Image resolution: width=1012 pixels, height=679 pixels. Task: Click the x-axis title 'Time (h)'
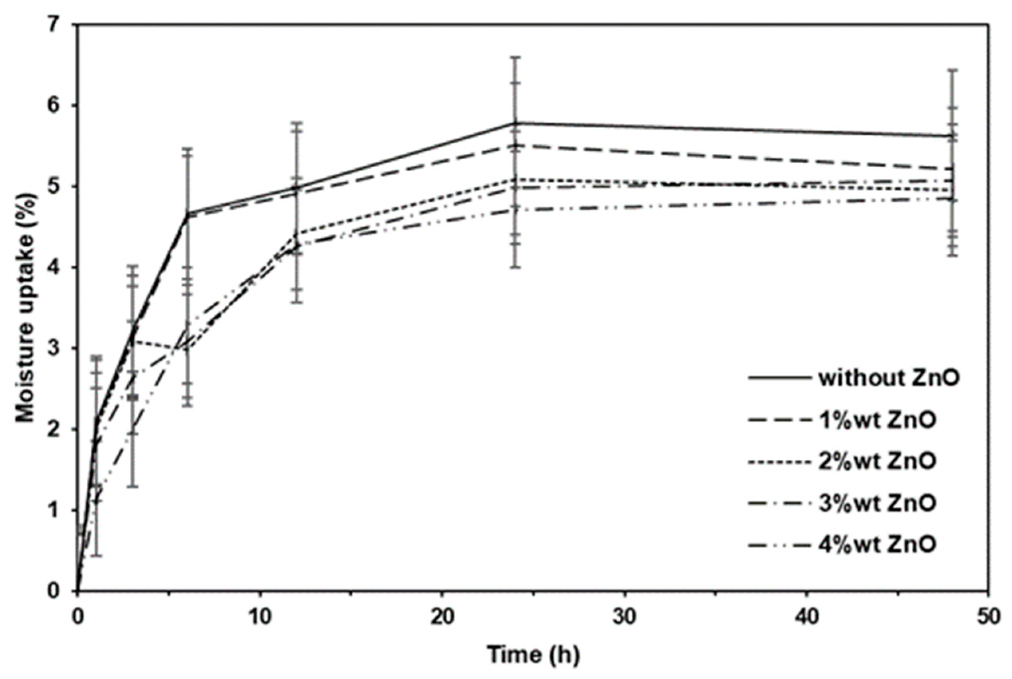[x=534, y=655]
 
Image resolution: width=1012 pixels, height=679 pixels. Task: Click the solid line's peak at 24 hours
[x=515, y=123]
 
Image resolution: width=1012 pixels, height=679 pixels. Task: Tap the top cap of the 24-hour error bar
[x=515, y=57]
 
